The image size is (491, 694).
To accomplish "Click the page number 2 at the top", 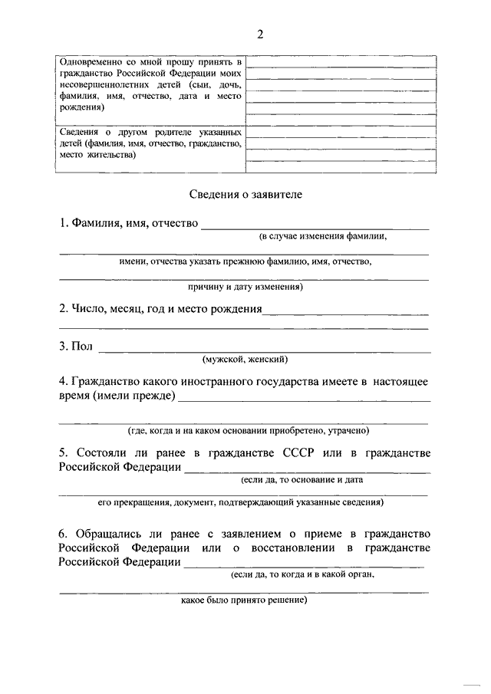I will [260, 33].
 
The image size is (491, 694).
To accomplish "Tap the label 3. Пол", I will [76, 347].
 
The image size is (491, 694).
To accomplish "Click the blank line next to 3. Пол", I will [265, 350].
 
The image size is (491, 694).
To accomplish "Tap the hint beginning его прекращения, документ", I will [241, 503].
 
